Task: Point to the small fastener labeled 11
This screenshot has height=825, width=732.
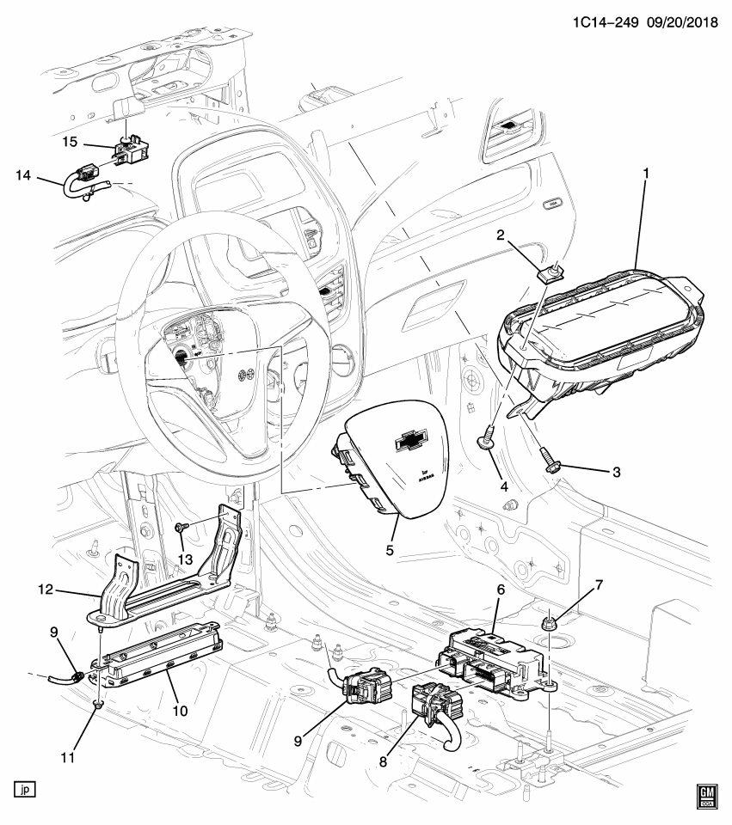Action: [x=98, y=706]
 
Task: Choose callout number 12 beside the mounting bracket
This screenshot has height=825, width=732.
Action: [x=46, y=590]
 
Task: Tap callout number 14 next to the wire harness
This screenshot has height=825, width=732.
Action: [x=23, y=176]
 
